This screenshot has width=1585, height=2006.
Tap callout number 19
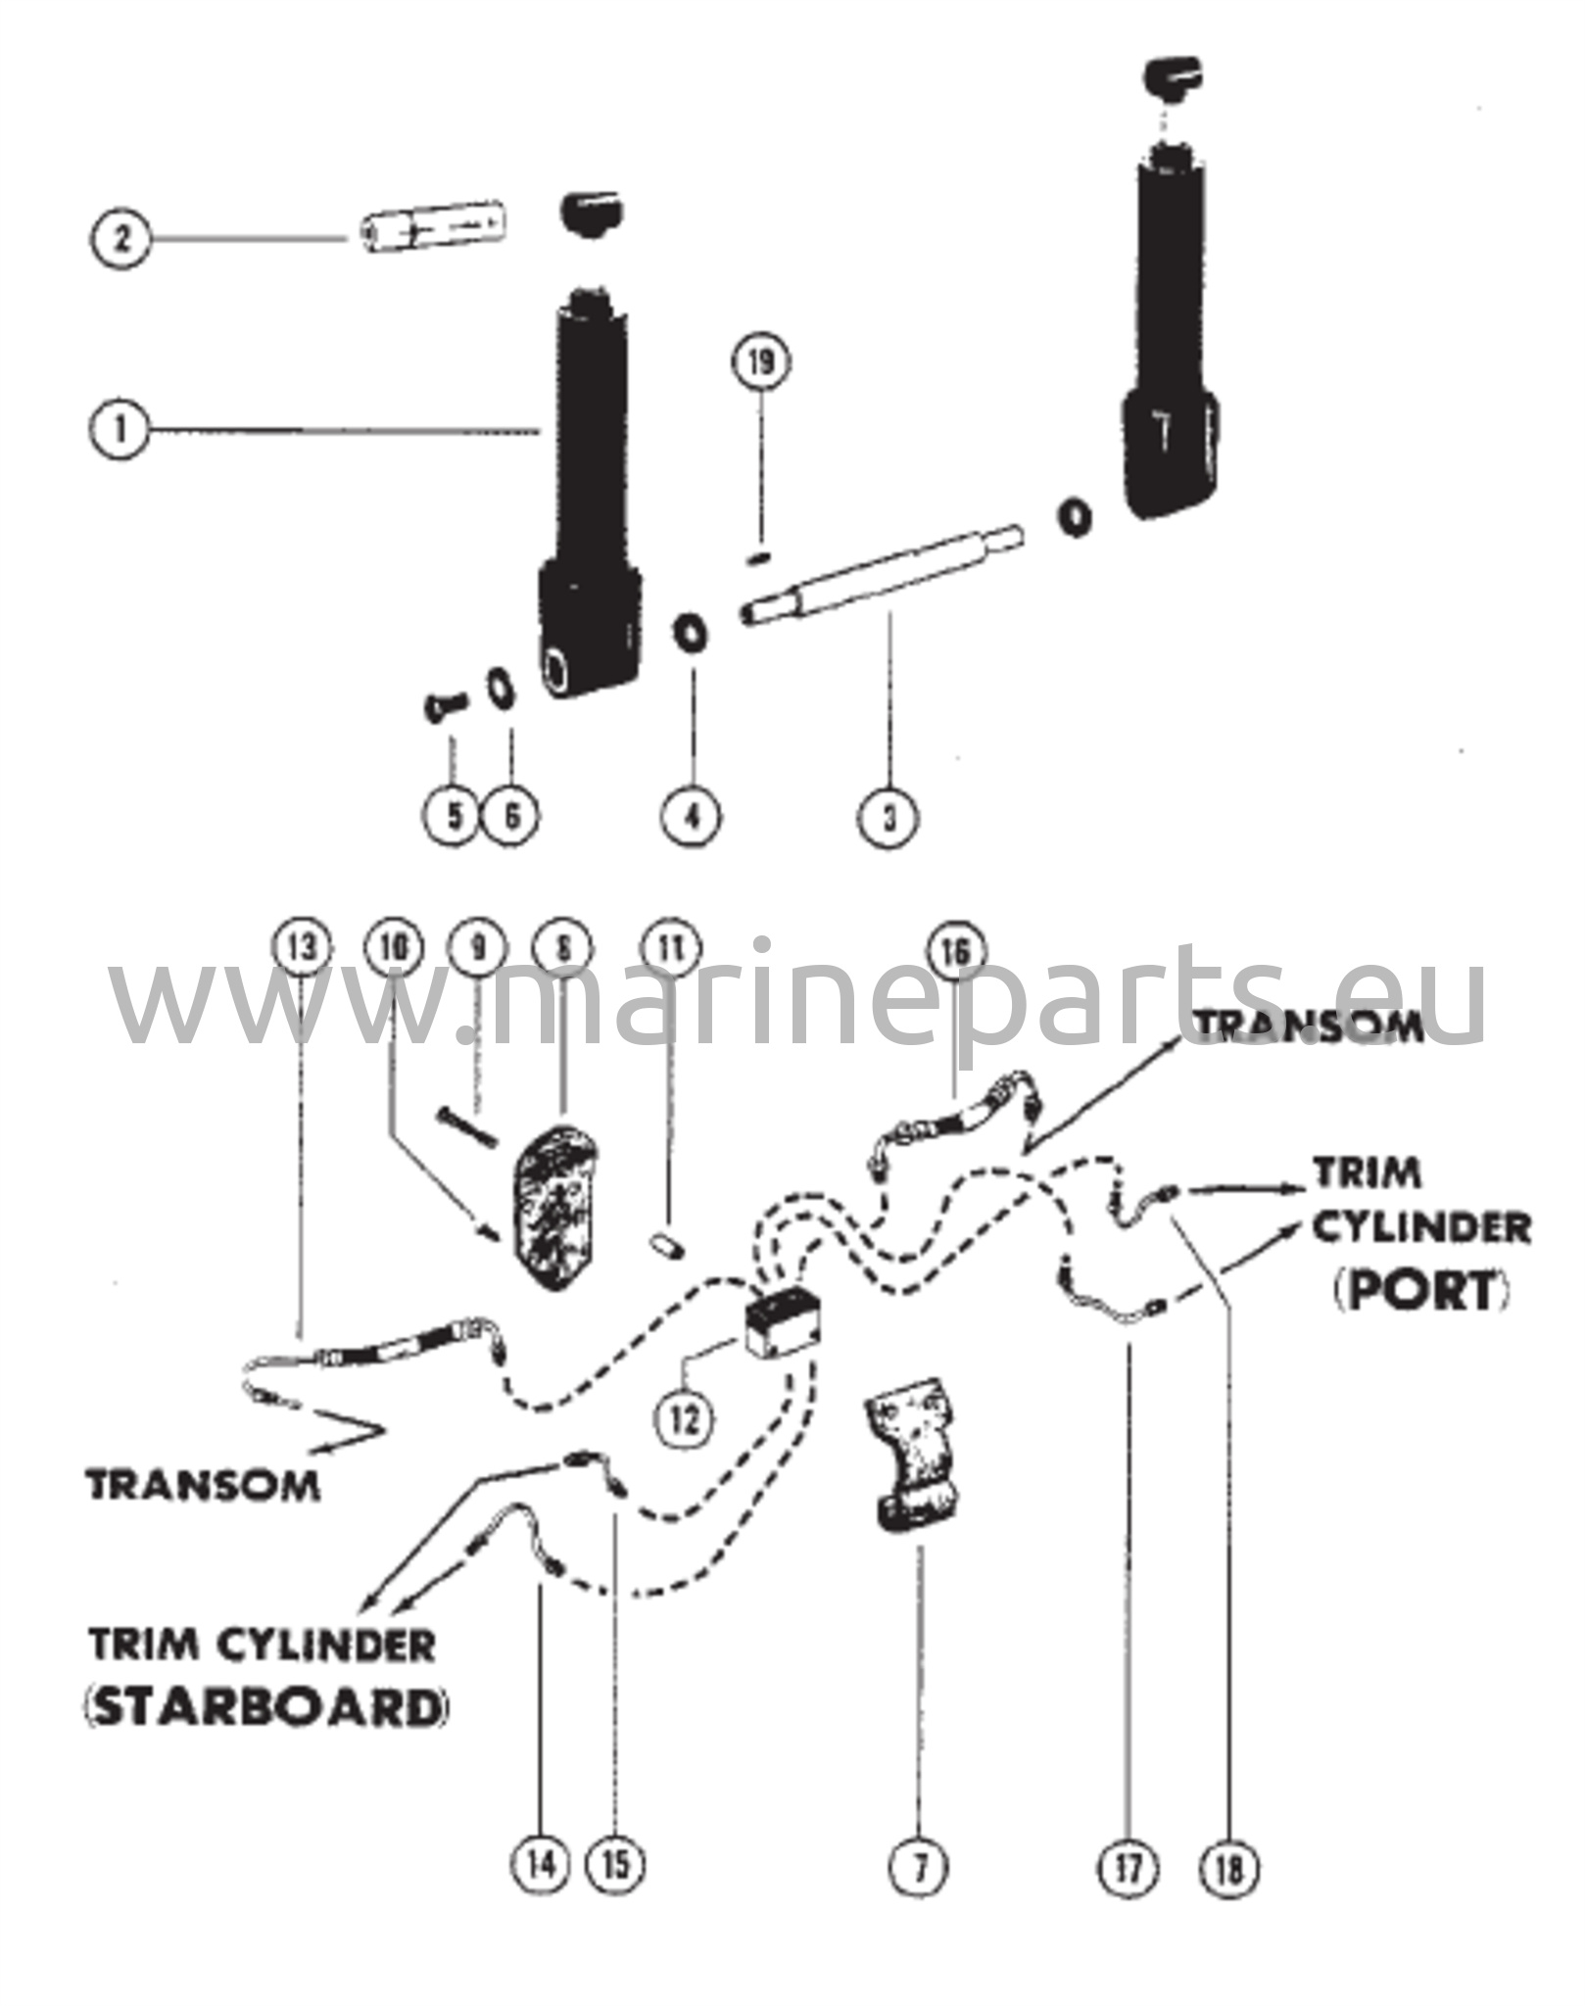tap(761, 363)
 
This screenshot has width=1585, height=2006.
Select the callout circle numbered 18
tap(1229, 1867)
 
